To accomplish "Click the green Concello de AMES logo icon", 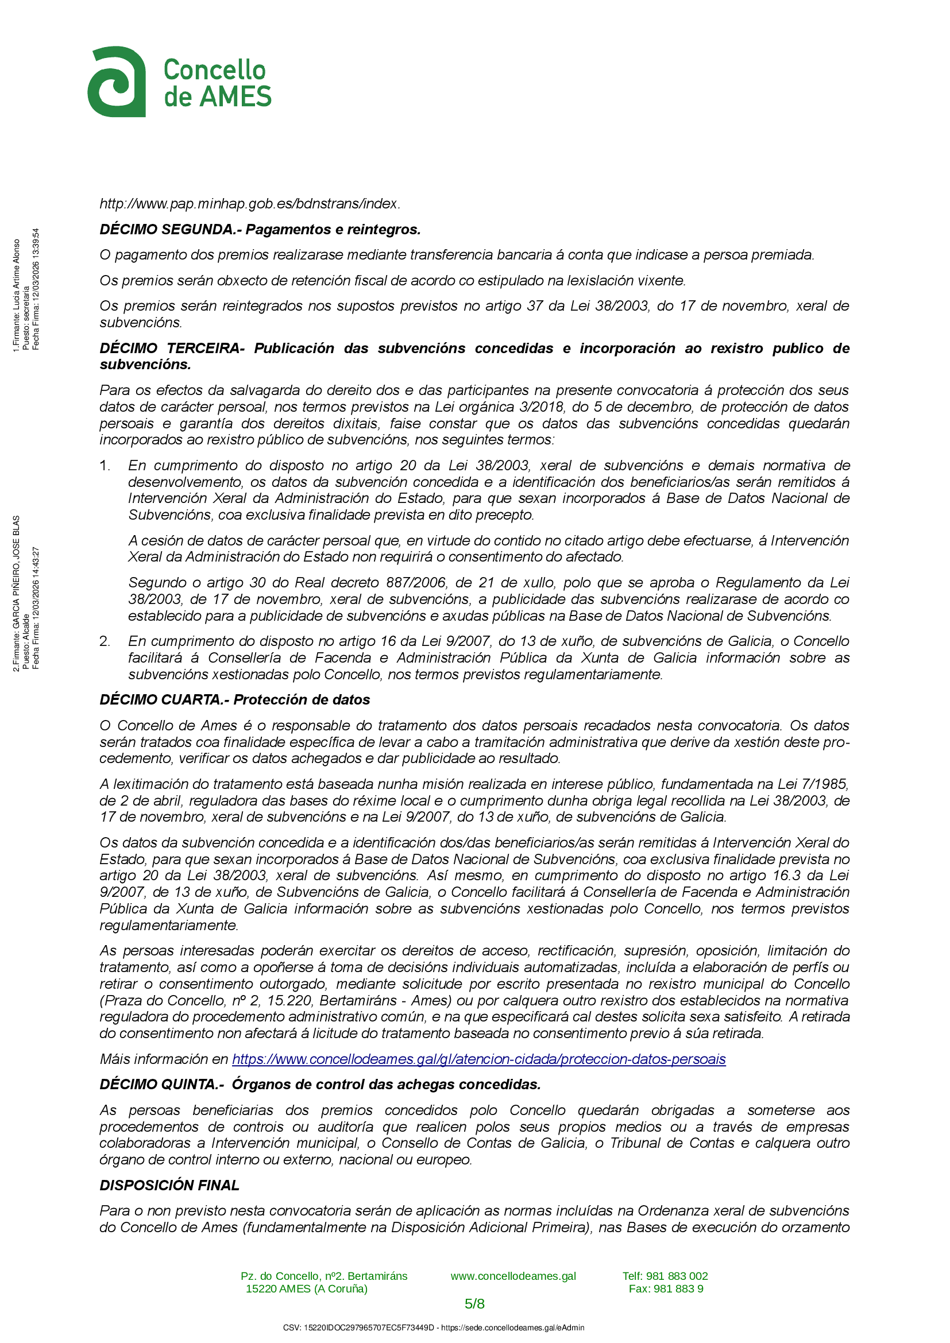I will click(117, 82).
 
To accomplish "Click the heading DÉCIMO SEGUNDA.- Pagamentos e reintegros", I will click(260, 229).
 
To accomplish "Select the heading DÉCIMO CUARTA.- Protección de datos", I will click(234, 699).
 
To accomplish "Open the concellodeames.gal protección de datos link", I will click(478, 1059).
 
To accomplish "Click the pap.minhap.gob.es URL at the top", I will click(249, 204).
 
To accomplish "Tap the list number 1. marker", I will click(105, 466).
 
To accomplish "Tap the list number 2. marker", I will click(105, 641).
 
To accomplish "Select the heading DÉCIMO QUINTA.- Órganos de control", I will click(319, 1084).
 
